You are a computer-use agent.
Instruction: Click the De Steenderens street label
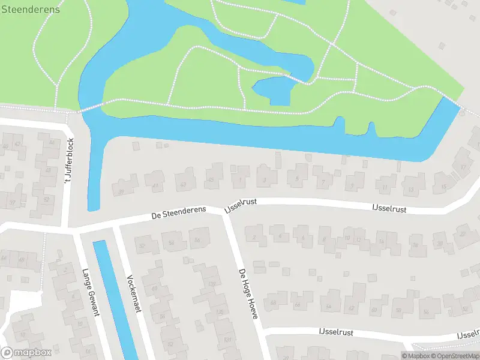point(178,212)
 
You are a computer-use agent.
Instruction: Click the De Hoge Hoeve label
point(248,293)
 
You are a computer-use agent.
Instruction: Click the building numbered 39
point(122,191)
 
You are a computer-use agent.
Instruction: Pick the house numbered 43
point(183,184)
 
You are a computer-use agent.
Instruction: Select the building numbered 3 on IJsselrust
point(265,179)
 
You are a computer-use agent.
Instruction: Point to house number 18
point(413,245)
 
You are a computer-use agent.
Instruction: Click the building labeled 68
point(274,302)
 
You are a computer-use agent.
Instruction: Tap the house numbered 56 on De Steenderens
point(197,241)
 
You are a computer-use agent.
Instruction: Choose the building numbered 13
point(410,189)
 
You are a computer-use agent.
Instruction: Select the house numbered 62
point(351,309)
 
